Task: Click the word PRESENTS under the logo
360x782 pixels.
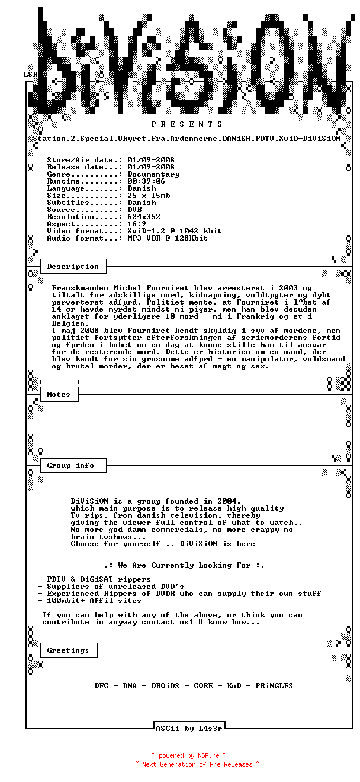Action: (x=187, y=124)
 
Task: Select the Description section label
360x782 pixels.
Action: (x=73, y=267)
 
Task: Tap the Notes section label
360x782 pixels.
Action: (x=59, y=395)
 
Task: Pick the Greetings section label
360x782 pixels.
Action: (x=68, y=650)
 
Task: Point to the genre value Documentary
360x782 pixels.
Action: (x=153, y=174)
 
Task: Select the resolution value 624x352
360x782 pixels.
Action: (x=144, y=217)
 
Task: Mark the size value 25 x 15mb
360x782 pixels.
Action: (x=149, y=195)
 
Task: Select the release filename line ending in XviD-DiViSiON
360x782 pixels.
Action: (x=187, y=139)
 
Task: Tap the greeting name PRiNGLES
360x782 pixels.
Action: (x=274, y=686)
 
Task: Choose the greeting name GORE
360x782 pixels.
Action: (x=203, y=686)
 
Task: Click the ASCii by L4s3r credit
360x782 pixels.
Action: (x=189, y=729)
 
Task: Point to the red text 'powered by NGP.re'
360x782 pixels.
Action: (x=189, y=755)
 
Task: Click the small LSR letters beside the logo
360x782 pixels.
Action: (x=30, y=75)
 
